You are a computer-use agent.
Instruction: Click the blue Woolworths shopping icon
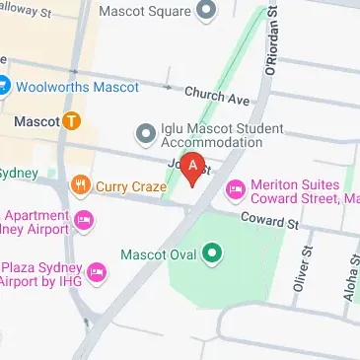[x=3, y=85]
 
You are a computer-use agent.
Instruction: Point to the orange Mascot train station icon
[x=71, y=122]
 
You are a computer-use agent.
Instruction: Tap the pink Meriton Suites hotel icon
[x=236, y=187]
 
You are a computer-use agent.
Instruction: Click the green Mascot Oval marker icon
[x=210, y=254]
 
